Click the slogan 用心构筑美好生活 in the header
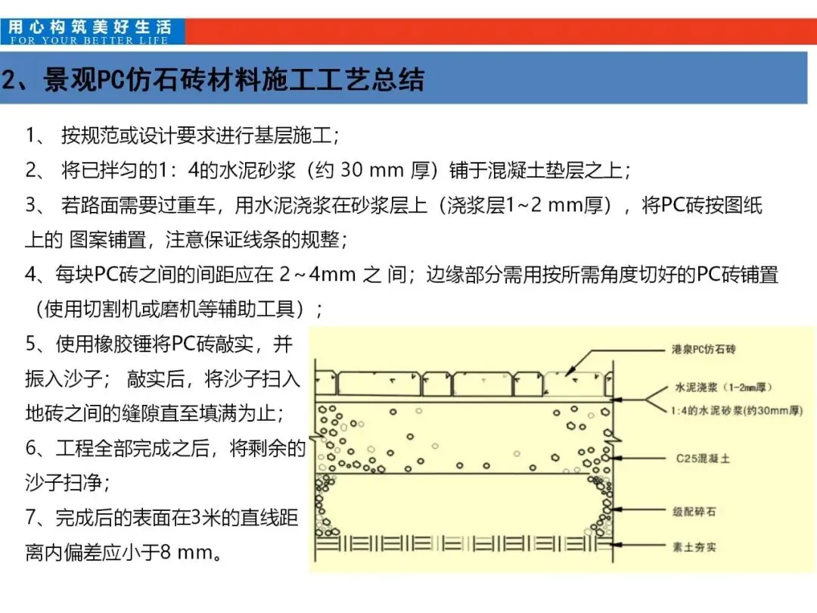[91, 27]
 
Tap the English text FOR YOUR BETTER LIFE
[89, 40]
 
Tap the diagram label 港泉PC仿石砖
[704, 350]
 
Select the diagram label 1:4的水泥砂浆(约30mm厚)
[737, 411]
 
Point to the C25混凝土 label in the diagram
[703, 459]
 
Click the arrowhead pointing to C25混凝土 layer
[617, 459]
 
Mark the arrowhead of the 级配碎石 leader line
[617, 512]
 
